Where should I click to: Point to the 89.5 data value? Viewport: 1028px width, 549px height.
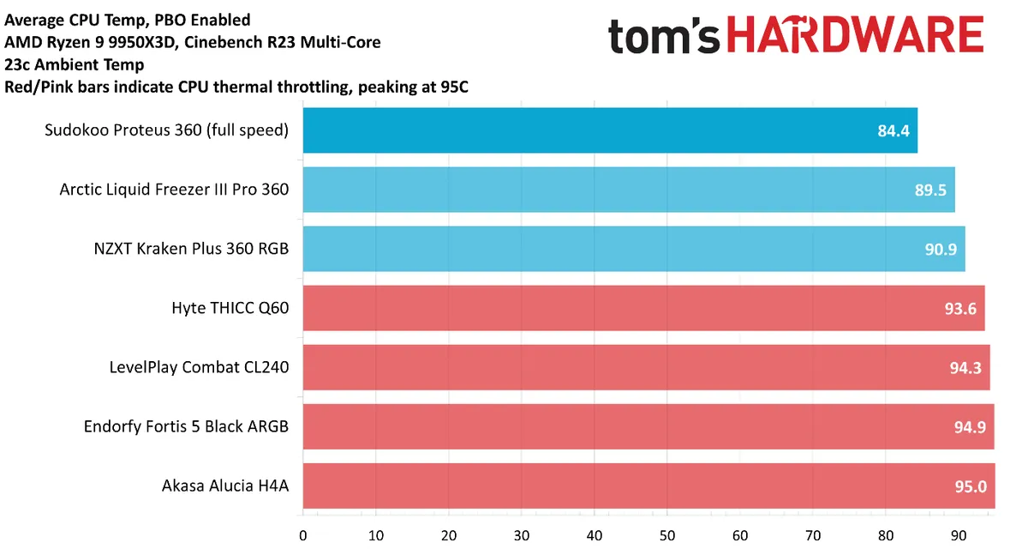[930, 190]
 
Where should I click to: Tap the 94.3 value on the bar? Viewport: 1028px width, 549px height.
[965, 368]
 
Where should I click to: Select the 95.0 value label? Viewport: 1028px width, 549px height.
[970, 486]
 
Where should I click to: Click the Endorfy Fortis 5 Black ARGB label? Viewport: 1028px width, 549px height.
[186, 426]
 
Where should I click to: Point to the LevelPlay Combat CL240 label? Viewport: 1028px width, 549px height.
[199, 367]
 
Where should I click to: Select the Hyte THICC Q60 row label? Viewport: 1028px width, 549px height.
[230, 308]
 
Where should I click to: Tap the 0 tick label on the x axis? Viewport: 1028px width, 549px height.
[303, 535]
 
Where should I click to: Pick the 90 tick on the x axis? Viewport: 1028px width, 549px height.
[959, 535]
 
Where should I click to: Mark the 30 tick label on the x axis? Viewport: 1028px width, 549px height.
[522, 535]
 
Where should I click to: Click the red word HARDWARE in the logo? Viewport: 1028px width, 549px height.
[859, 36]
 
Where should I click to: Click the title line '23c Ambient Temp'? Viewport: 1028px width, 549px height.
[75, 64]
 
